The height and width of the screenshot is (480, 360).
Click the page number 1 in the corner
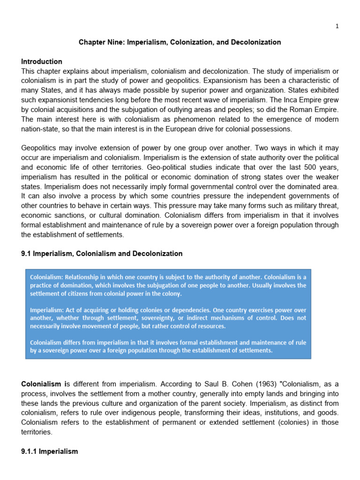pyautogui.click(x=337, y=26)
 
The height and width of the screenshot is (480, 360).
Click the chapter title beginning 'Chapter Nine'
pyautogui.click(x=180, y=42)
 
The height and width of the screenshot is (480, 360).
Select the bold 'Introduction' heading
pyautogui.click(x=42, y=61)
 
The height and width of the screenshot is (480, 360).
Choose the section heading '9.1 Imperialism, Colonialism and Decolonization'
pyautogui.click(x=102, y=254)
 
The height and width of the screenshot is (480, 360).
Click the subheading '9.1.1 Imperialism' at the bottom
pyautogui.click(x=50, y=451)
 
